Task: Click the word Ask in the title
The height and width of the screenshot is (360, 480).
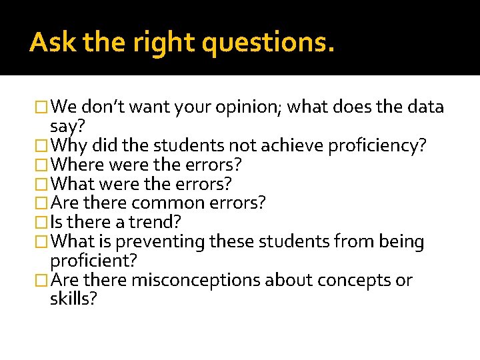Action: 48,43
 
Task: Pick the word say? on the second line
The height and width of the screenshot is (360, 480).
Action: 66,127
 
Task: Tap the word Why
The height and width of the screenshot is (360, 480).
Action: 69,145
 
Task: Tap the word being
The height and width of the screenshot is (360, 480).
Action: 402,241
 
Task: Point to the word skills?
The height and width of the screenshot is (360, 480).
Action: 73,299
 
